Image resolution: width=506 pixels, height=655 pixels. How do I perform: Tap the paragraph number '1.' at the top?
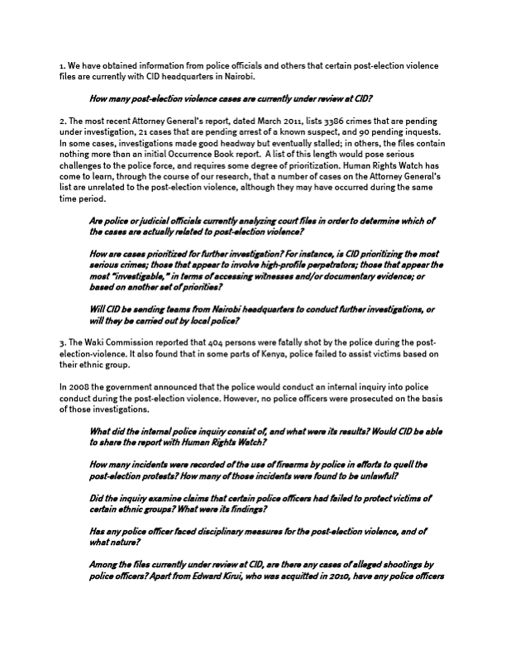[x=62, y=65]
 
